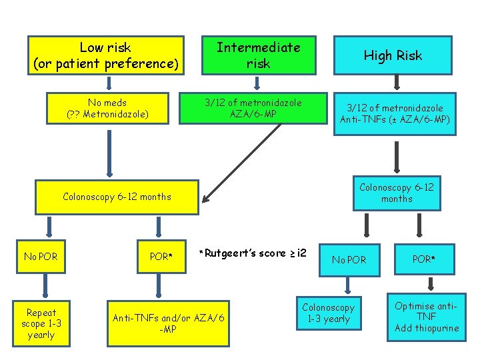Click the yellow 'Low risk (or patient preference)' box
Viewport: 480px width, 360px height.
[106, 56]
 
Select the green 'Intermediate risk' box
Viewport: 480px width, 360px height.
[258, 55]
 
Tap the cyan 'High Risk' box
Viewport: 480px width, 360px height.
[393, 56]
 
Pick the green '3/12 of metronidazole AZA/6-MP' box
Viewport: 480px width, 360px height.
[253, 108]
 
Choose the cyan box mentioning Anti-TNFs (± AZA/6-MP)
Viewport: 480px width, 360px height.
[395, 114]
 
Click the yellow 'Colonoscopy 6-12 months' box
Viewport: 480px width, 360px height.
[117, 197]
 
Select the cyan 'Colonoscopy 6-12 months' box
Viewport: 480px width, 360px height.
[397, 193]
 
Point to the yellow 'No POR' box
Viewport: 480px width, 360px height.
[41, 257]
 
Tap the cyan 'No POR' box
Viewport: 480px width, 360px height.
[349, 259]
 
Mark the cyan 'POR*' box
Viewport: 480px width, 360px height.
[423, 259]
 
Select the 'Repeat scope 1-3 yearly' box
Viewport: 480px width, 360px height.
[41, 323]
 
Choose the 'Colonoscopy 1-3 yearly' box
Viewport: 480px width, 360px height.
[328, 313]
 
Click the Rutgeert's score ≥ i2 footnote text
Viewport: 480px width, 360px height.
[253, 253]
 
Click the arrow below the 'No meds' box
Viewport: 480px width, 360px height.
[107, 152]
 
